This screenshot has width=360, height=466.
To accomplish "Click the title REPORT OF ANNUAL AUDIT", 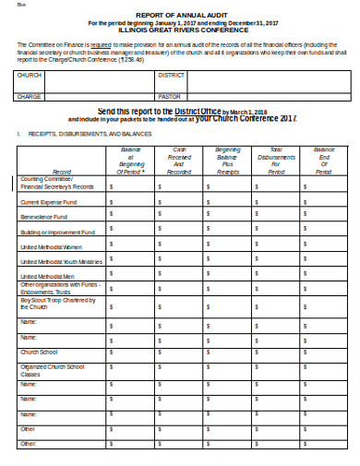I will (181, 16).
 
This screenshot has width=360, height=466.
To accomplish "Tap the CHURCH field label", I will (30, 74).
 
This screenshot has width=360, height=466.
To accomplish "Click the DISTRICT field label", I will (173, 74).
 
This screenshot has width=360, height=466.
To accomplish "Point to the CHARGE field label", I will (30, 95).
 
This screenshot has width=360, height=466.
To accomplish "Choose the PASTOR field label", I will (170, 95).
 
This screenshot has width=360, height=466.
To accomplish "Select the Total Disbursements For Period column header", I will (276, 160).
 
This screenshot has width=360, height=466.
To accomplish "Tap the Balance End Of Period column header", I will (323, 160).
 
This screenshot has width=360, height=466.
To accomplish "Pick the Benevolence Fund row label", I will (39, 218).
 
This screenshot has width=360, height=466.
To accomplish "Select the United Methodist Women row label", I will (44, 248).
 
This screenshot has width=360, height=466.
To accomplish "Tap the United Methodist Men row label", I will (42, 277).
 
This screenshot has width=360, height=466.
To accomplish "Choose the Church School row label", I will (35, 352).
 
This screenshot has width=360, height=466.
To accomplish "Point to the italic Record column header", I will (63, 172).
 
